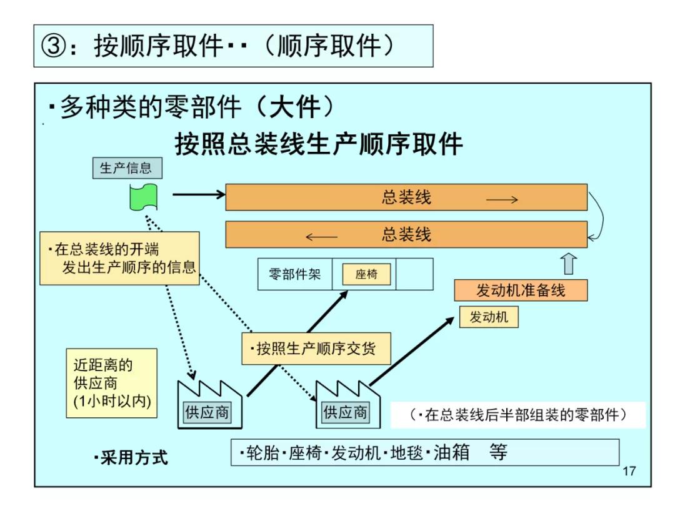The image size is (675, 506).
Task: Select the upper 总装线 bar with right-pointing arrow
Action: pyautogui.click(x=406, y=197)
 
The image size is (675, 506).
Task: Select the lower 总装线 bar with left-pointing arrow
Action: pyautogui.click(x=406, y=235)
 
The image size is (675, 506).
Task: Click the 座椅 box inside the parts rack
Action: pyautogui.click(x=366, y=274)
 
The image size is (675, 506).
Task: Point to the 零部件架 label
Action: pyautogui.click(x=294, y=274)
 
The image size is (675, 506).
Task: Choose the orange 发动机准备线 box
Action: pyautogui.click(x=520, y=290)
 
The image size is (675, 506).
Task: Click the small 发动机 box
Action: pyautogui.click(x=489, y=317)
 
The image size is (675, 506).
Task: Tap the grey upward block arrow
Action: pyautogui.click(x=568, y=264)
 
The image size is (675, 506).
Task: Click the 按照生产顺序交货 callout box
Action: pyautogui.click(x=316, y=349)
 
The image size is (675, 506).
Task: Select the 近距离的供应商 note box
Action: pyautogui.click(x=111, y=383)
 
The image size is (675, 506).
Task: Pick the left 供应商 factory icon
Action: pyautogui.click(x=206, y=405)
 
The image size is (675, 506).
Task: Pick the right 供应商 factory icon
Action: pyautogui.click(x=344, y=405)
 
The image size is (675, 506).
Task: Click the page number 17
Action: pyautogui.click(x=629, y=471)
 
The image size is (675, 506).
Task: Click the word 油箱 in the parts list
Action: pyautogui.click(x=451, y=452)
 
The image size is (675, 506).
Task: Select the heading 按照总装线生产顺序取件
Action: pyautogui.click(x=319, y=144)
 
